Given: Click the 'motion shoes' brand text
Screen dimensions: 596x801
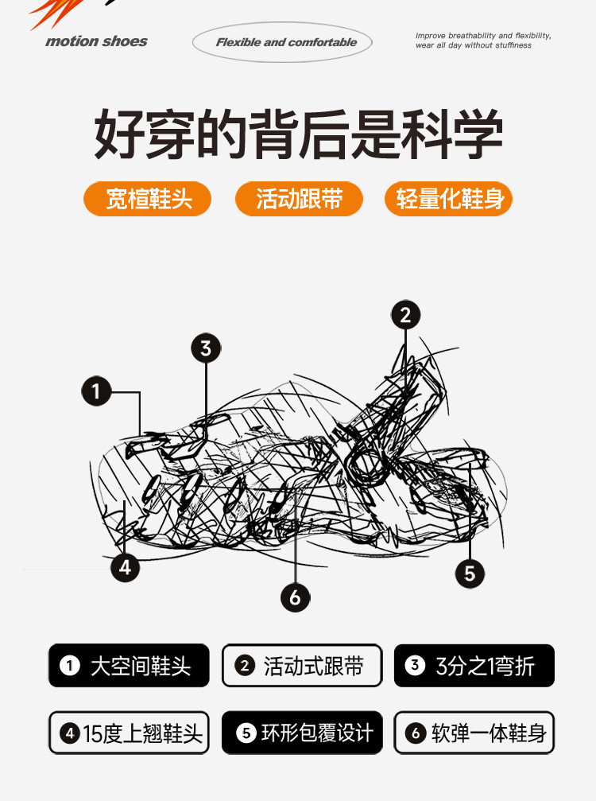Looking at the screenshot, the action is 96,41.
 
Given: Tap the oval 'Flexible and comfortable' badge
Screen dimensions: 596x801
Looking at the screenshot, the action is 282,42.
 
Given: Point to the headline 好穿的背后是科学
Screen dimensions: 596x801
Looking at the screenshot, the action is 299,134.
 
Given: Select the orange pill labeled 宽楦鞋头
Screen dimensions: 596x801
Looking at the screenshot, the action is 148,199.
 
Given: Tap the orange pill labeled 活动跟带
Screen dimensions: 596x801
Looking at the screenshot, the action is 299,199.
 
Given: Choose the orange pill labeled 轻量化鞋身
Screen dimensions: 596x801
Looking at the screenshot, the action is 448,199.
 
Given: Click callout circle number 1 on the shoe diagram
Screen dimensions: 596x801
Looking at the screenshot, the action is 96,391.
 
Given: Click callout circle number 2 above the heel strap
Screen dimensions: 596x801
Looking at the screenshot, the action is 405,315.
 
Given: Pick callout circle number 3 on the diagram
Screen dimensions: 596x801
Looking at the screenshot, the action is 206,348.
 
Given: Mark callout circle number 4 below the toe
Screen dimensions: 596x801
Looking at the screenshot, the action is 125,567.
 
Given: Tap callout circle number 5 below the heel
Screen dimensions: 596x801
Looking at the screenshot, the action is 470,574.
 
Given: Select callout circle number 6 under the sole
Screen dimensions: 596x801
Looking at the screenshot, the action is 296,597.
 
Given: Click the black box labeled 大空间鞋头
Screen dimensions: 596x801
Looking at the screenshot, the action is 129,666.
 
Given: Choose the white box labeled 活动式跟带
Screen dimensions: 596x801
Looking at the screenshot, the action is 302,666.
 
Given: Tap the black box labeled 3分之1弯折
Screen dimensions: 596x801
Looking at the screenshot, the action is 474,666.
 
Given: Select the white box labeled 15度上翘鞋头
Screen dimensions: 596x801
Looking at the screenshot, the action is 129,733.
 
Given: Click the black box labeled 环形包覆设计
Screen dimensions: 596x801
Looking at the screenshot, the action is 302,733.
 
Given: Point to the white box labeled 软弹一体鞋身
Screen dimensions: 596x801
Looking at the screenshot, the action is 474,733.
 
